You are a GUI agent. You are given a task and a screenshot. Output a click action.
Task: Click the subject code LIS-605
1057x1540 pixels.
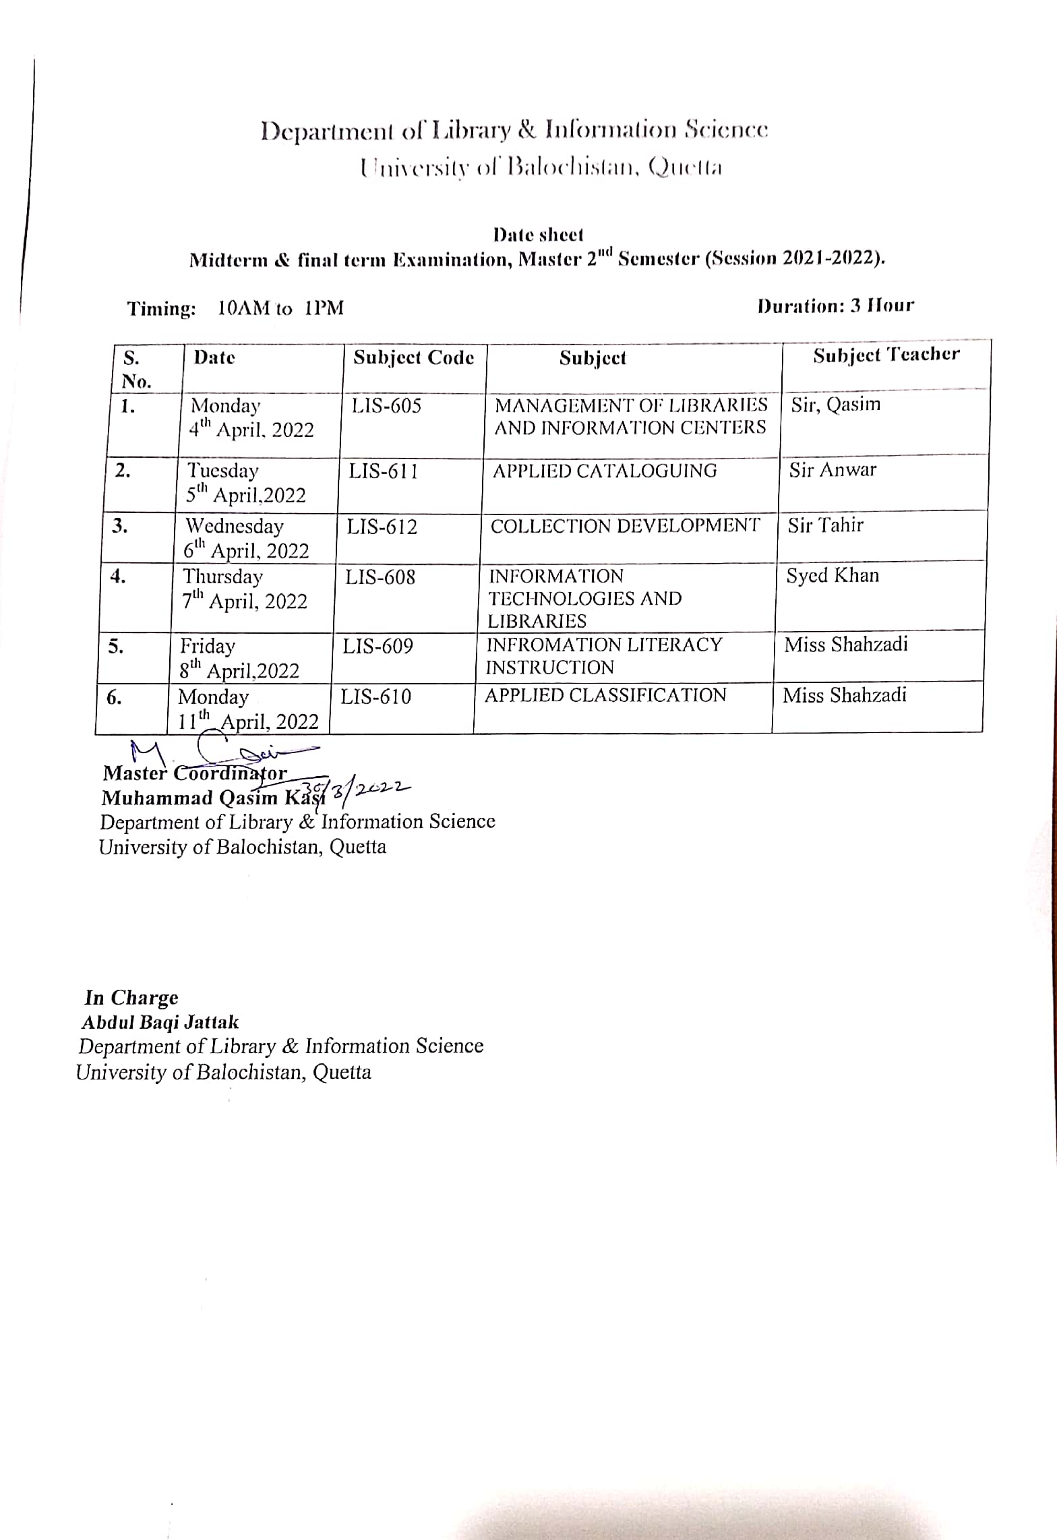click(x=386, y=406)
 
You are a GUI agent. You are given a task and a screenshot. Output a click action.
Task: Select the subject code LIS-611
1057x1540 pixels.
click(x=383, y=471)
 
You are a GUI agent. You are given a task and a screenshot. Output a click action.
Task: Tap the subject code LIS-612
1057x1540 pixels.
click(x=382, y=527)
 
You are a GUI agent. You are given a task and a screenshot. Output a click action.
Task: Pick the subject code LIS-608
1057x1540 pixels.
click(x=380, y=577)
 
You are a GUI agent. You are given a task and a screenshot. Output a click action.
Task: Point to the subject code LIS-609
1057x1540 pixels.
click(x=377, y=647)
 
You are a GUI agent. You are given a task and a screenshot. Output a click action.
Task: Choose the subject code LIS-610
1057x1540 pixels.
click(x=375, y=697)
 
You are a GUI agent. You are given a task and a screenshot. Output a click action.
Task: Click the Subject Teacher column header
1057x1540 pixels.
click(x=886, y=355)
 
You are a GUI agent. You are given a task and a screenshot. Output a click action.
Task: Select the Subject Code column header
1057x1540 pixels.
click(x=413, y=357)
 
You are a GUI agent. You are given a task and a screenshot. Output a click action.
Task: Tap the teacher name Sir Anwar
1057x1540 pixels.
click(x=833, y=470)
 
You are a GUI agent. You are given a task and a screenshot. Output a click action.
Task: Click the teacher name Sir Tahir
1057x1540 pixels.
click(x=825, y=525)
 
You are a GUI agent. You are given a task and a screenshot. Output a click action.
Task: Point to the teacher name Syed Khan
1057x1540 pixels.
click(x=833, y=576)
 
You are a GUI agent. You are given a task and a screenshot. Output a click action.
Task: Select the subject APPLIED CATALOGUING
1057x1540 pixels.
click(x=605, y=471)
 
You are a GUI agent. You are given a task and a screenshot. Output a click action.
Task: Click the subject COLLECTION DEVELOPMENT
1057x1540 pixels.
click(x=625, y=526)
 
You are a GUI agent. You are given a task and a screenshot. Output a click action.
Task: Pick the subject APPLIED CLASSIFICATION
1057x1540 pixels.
click(x=605, y=695)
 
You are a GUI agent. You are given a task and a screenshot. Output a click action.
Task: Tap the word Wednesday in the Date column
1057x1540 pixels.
click(x=235, y=526)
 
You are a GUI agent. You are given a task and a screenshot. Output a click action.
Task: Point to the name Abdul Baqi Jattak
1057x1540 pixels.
click(x=160, y=1022)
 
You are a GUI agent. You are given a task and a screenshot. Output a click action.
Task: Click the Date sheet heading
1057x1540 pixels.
click(x=538, y=235)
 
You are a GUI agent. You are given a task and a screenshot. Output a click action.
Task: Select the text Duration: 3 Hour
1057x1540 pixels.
click(x=835, y=306)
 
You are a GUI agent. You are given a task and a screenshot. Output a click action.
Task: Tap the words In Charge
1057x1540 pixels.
click(x=131, y=997)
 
